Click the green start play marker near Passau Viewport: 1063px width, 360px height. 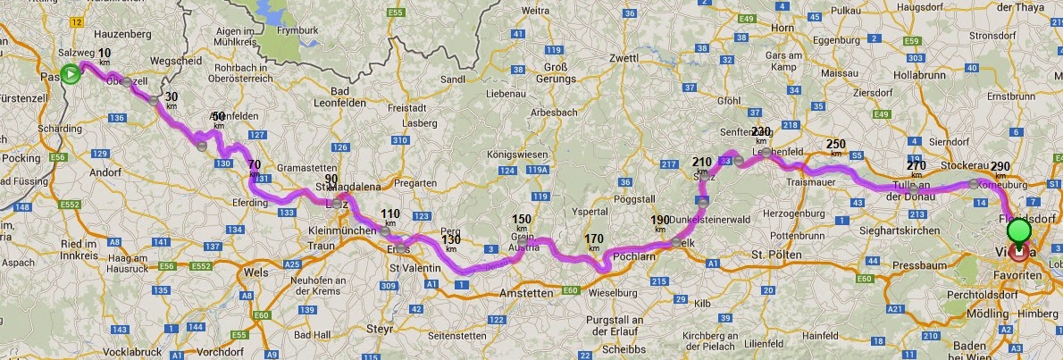pos(70,74)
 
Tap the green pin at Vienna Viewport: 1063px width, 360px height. pos(1018,231)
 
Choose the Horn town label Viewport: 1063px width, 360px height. pos(783,29)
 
